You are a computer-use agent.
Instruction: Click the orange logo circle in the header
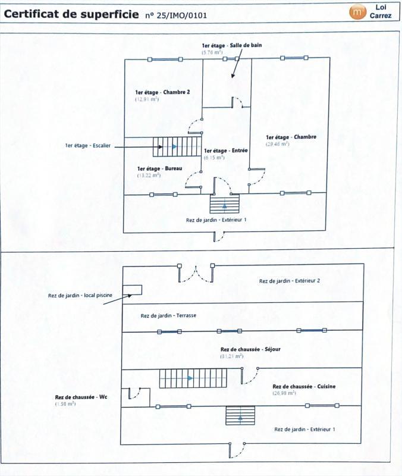tap(357, 11)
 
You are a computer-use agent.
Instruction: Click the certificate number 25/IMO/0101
tap(176, 15)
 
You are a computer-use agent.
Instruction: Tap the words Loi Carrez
tap(381, 12)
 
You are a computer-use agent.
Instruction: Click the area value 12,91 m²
tap(147, 99)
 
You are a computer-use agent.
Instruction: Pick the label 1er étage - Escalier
tap(87, 145)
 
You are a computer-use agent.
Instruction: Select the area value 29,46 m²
tap(277, 144)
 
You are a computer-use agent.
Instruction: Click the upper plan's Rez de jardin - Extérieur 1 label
tap(216, 220)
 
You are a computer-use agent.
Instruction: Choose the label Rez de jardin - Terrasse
tap(168, 315)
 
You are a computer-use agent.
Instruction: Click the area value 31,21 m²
tap(232, 356)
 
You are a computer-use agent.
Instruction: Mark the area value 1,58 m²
tap(65, 404)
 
